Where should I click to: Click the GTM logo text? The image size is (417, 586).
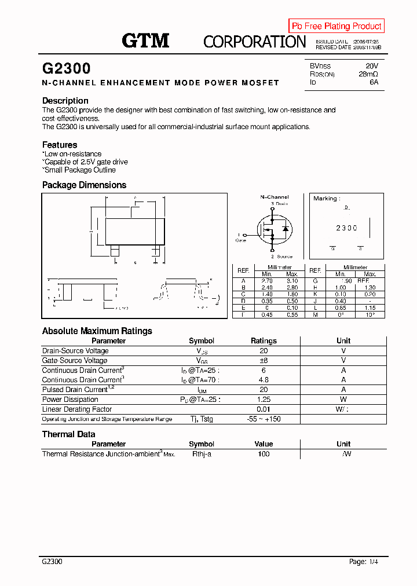(145, 41)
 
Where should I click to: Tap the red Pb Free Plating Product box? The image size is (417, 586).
(336, 26)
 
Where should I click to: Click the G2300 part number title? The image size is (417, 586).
(67, 68)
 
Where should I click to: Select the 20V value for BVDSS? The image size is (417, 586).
(371, 66)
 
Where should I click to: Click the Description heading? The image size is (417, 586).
(65, 101)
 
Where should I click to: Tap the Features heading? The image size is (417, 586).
(60, 145)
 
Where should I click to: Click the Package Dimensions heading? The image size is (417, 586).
(84, 185)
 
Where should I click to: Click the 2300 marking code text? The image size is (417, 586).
(346, 228)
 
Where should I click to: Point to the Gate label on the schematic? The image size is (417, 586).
(240, 240)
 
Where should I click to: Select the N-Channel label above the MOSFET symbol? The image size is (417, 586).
(274, 197)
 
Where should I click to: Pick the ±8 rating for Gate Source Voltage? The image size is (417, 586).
(264, 360)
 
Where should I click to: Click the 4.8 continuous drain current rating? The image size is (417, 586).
(264, 380)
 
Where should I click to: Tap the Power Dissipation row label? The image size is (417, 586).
(70, 400)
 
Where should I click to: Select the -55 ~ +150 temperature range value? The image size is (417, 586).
(264, 419)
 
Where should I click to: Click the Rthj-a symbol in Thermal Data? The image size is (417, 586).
(202, 454)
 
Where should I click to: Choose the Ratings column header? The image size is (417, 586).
(264, 341)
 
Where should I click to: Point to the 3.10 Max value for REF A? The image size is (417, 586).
(292, 280)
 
